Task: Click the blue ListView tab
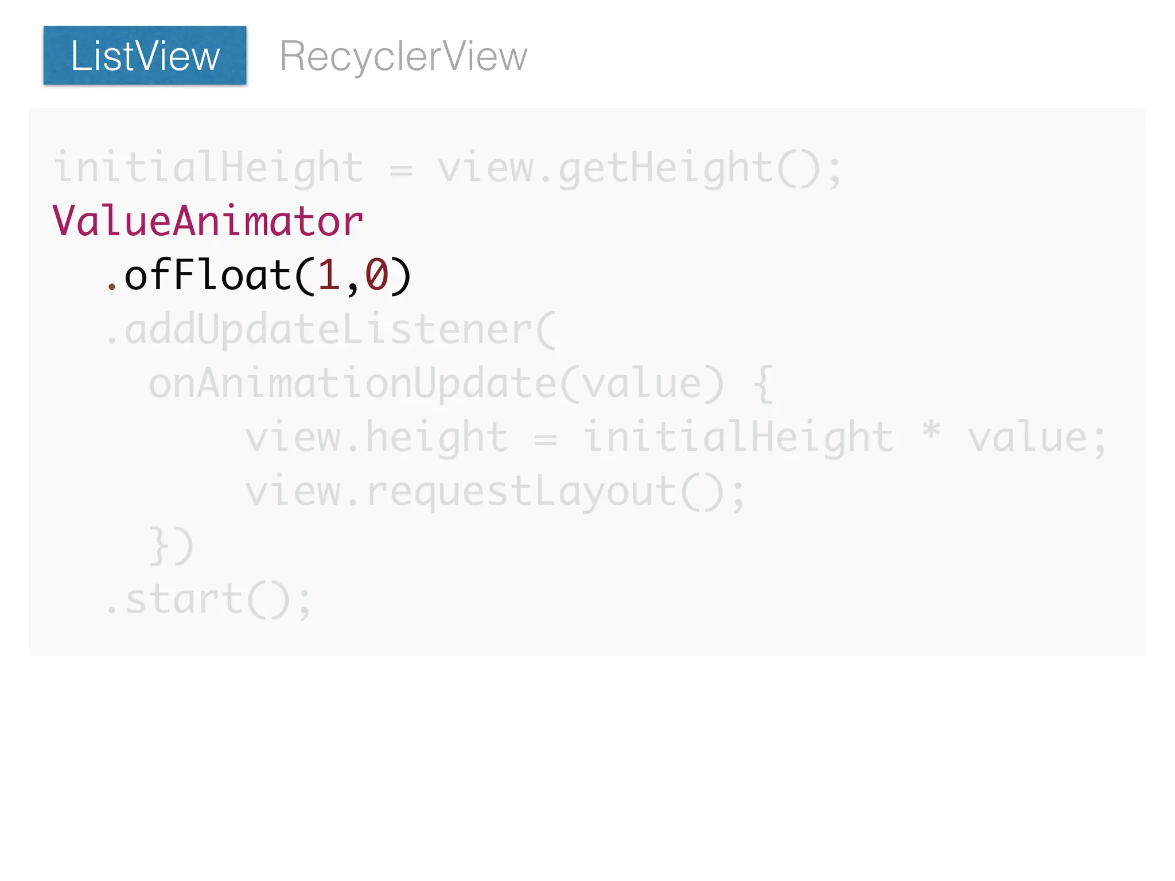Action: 145,56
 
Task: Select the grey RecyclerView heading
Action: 403,56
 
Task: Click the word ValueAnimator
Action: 208,221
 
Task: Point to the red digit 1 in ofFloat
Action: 329,275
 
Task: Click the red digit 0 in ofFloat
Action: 377,275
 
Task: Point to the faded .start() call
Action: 208,600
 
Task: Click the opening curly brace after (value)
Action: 763,384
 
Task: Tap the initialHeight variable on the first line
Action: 208,168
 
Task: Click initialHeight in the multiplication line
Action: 738,438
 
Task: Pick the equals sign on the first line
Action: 400,170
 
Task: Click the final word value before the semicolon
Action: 1028,438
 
